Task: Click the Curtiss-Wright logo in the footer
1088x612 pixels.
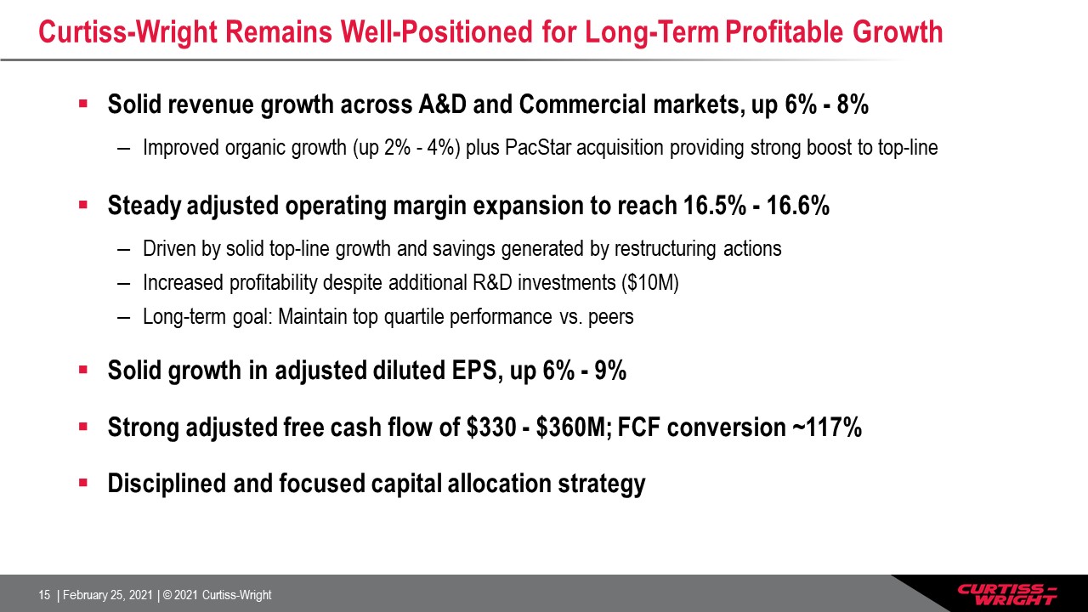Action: pos(1007,594)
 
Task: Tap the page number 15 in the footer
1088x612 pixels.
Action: pos(44,595)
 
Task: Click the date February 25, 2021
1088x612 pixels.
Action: pos(108,595)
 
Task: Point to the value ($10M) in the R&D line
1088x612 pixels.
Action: pos(650,283)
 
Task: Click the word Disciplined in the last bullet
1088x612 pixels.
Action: pos(167,484)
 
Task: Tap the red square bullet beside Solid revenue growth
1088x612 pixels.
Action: pos(83,104)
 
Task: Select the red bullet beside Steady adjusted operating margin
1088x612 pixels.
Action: pos(83,205)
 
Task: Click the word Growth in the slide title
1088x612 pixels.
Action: pos(898,32)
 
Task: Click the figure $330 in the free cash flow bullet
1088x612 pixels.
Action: pos(491,428)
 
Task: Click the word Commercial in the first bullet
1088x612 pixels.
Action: pos(582,105)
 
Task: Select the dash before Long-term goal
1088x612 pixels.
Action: pos(124,318)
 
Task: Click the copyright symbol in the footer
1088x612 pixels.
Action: pos(167,595)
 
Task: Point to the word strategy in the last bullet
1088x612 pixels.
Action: pos(602,484)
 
